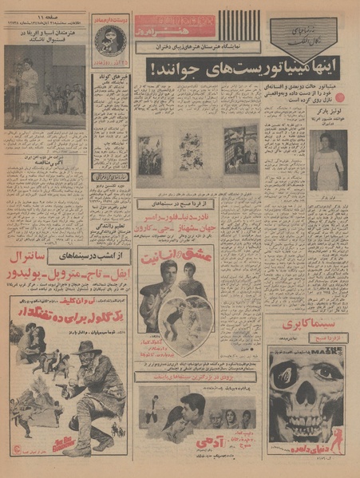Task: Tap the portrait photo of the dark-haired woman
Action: point(327,160)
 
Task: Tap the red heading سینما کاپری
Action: point(308,323)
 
